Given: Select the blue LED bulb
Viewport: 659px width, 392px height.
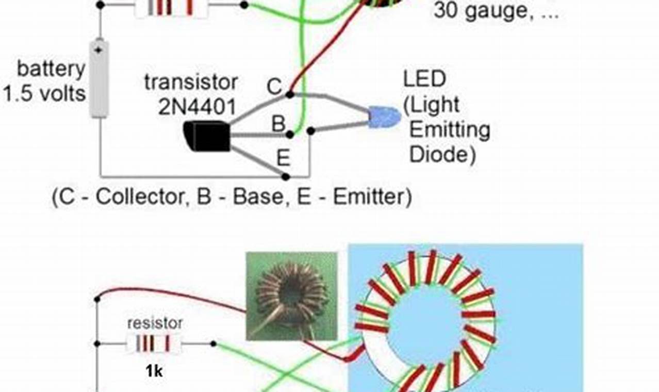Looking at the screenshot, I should [x=385, y=117].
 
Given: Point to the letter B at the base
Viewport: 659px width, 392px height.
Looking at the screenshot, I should [x=278, y=124].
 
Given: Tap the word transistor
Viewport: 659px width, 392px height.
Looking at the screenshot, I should [x=191, y=82].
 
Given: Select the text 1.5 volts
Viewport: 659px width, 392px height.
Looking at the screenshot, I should [x=44, y=93].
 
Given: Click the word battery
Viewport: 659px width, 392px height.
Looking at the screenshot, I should [x=51, y=69].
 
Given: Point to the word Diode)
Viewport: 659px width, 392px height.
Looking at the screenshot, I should [x=442, y=154].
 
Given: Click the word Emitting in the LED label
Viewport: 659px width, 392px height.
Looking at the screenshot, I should [x=449, y=129].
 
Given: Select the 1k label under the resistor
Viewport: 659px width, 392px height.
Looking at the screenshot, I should [x=154, y=370].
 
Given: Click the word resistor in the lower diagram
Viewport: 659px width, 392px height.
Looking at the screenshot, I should [x=155, y=323].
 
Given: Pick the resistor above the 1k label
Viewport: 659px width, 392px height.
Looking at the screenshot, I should [x=155, y=343].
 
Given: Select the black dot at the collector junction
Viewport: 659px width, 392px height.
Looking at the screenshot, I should [x=290, y=94].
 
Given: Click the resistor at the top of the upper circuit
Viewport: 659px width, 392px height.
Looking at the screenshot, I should [x=172, y=6].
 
